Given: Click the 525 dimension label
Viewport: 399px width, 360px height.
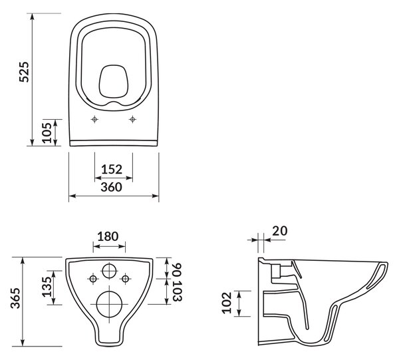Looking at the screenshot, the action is (x=25, y=72).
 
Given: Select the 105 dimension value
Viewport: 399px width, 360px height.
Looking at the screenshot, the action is (x=47, y=133).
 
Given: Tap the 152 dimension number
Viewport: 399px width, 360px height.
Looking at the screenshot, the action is (x=112, y=169).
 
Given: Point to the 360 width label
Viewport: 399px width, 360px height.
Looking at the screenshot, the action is (x=112, y=187).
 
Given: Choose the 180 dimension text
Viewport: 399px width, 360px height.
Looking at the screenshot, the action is (x=108, y=236).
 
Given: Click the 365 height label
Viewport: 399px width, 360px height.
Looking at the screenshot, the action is (x=15, y=298).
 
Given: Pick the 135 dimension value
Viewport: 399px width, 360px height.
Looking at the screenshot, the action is (x=47, y=287).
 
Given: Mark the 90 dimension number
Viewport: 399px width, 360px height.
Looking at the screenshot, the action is (x=177, y=270).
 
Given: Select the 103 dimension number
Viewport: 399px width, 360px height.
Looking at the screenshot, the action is (x=177, y=291).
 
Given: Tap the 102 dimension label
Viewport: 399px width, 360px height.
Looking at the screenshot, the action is (x=227, y=303).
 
